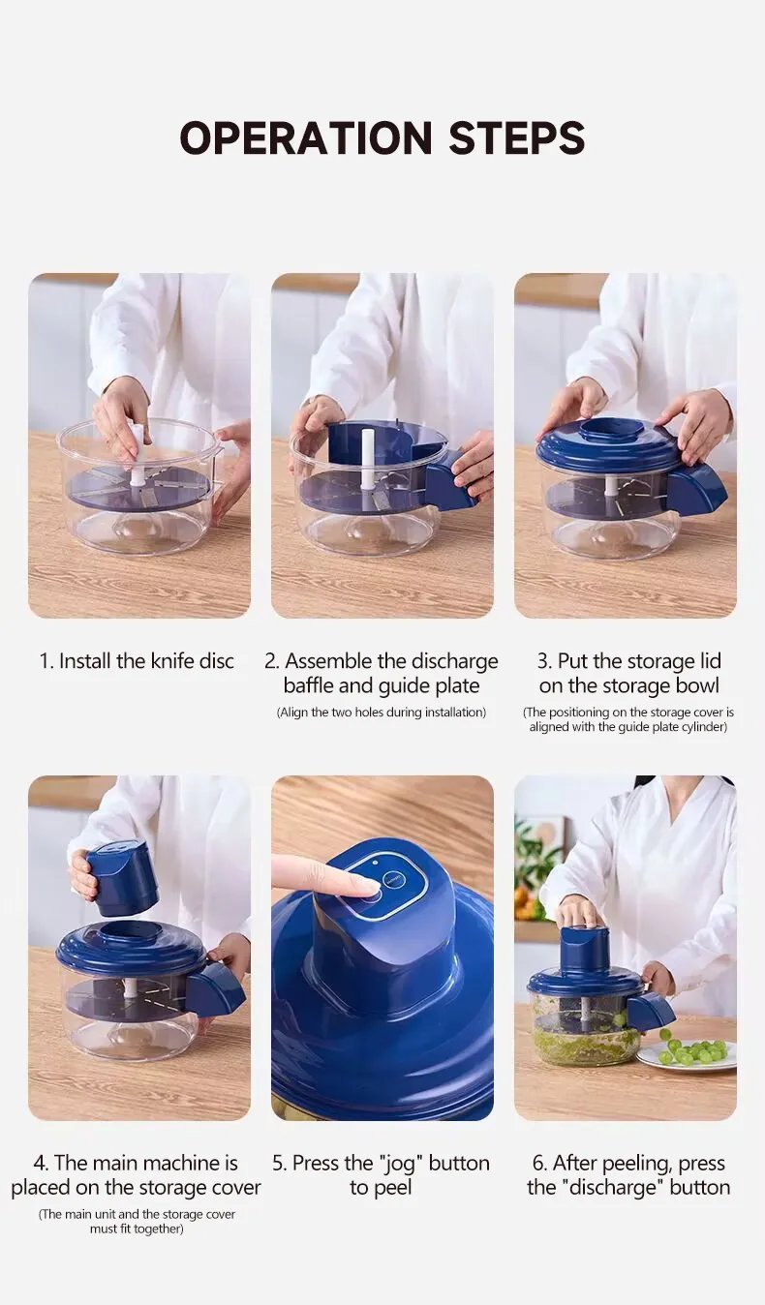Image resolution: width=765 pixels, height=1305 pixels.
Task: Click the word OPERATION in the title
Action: [306, 137]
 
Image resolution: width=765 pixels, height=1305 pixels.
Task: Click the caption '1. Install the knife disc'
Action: [137, 661]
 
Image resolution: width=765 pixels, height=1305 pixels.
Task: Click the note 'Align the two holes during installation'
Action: [381, 712]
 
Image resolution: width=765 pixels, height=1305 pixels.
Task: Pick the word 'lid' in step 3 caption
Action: [709, 661]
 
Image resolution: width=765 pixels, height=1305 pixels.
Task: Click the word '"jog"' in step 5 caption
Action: [401, 1163]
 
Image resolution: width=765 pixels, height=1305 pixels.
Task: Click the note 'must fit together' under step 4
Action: [137, 1229]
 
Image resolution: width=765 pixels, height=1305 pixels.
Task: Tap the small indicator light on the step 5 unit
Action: [374, 863]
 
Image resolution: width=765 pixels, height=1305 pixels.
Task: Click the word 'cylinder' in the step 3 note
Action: [705, 727]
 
